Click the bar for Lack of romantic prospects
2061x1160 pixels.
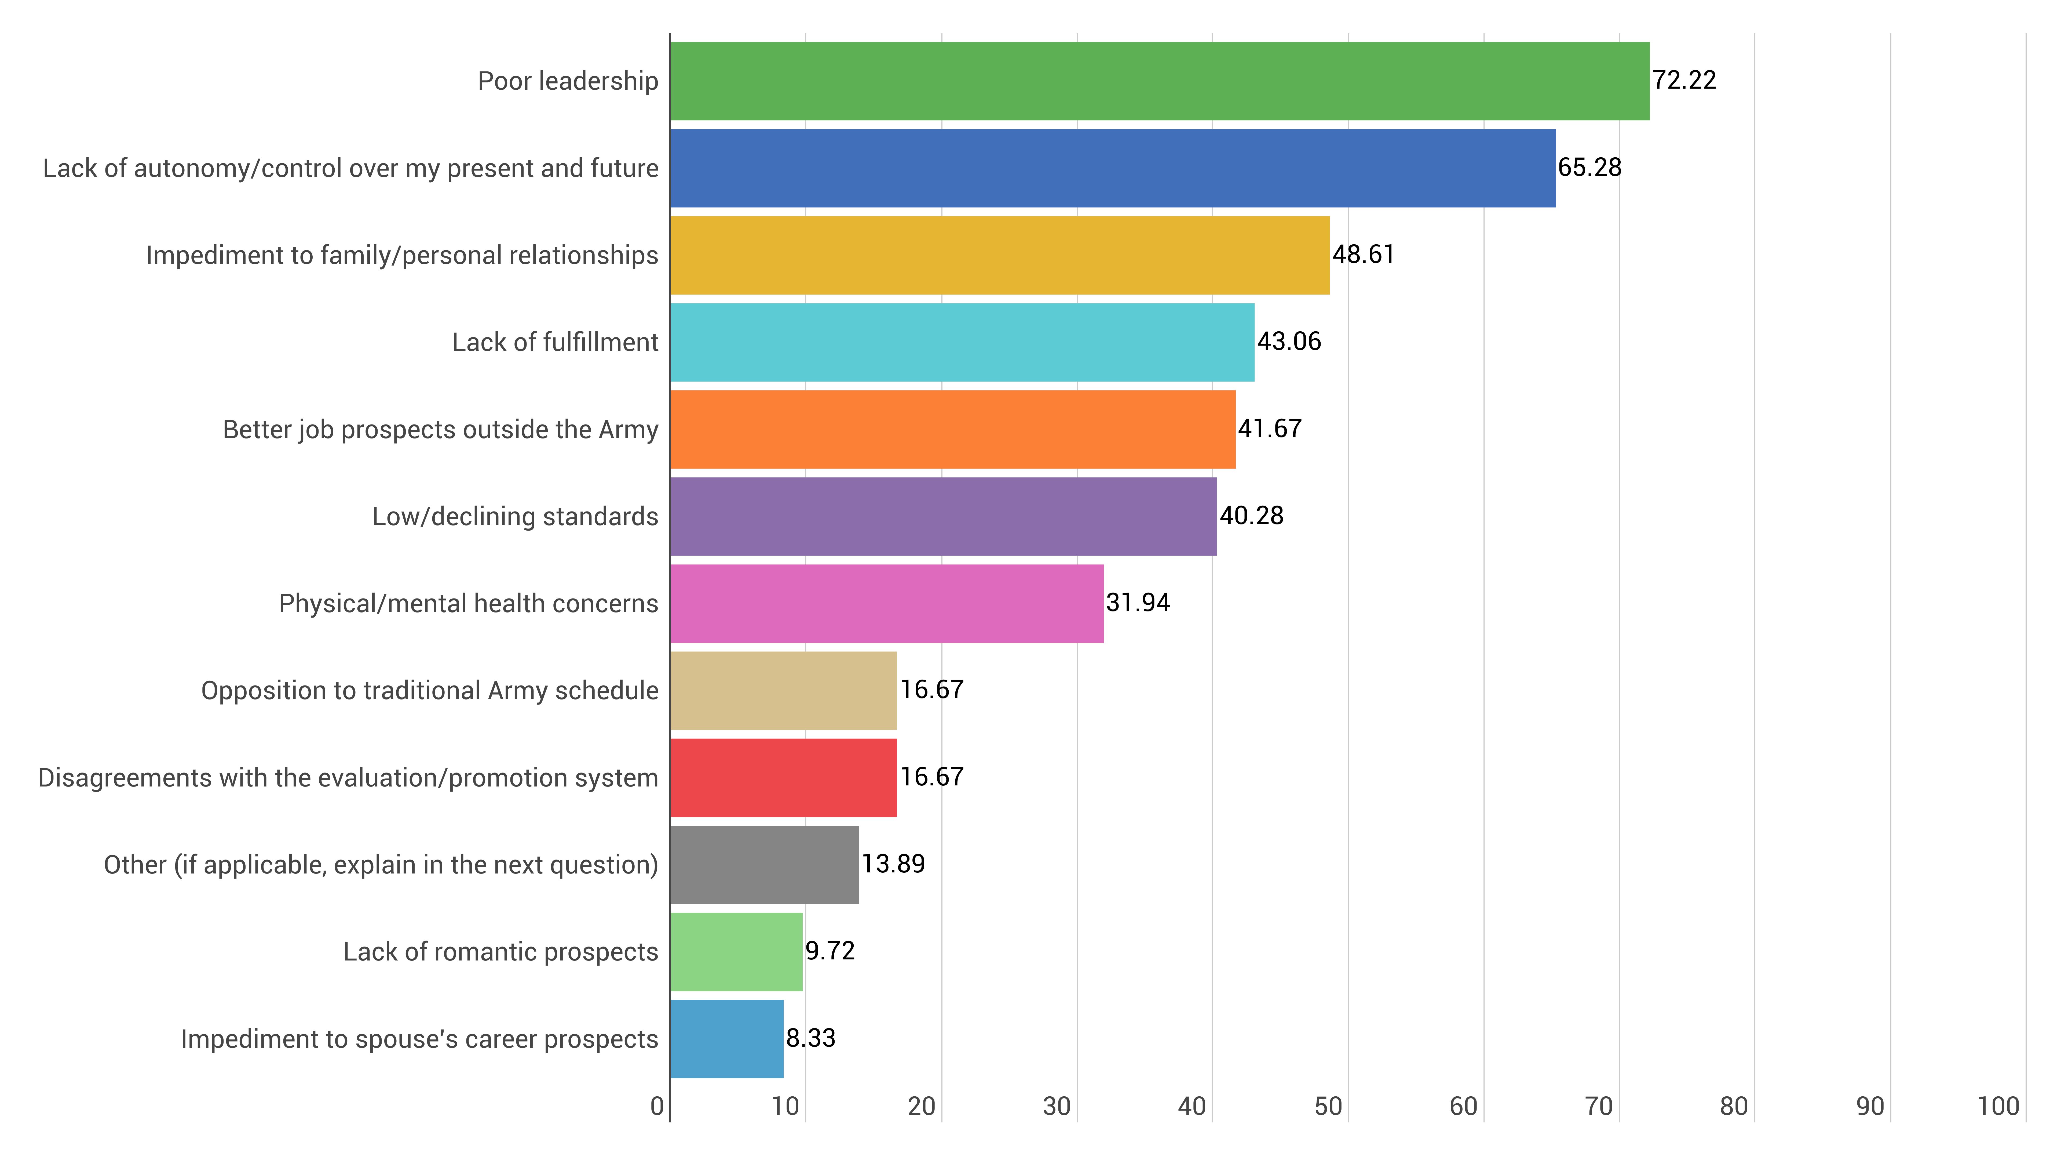tap(736, 952)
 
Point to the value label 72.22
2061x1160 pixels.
tap(1684, 80)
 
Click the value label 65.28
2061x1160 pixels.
tap(1590, 167)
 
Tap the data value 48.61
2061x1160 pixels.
tap(1363, 255)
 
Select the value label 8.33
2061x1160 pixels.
tap(810, 1038)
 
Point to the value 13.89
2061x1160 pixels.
tap(893, 864)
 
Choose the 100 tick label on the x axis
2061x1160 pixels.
tap(1998, 1106)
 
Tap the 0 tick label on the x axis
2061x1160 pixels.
tap(657, 1106)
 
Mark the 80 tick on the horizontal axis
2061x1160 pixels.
tap(1734, 1106)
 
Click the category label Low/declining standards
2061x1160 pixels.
tap(515, 516)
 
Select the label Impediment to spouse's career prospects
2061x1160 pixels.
tap(419, 1039)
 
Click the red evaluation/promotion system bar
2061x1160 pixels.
tap(783, 777)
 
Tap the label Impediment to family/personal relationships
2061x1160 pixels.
tap(402, 255)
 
